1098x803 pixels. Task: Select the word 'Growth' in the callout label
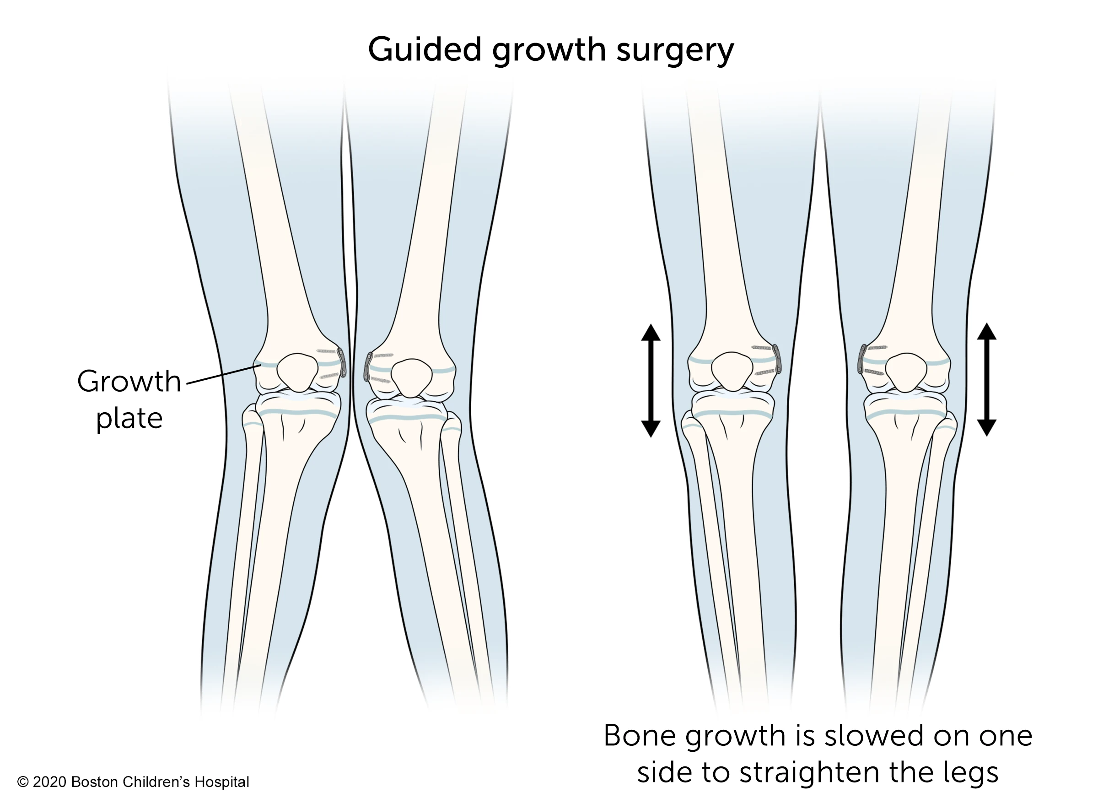click(x=129, y=381)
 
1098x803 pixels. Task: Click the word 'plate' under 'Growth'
click(x=129, y=419)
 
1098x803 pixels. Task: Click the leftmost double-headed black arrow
click(x=651, y=381)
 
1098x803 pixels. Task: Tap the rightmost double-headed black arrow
click(x=987, y=380)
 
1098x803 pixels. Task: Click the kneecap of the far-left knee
click(x=297, y=373)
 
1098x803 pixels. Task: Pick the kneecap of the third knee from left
click(x=732, y=372)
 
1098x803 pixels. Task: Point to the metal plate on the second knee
click(x=368, y=367)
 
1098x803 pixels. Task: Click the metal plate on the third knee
click(x=777, y=359)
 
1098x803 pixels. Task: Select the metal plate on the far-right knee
click(x=863, y=360)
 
